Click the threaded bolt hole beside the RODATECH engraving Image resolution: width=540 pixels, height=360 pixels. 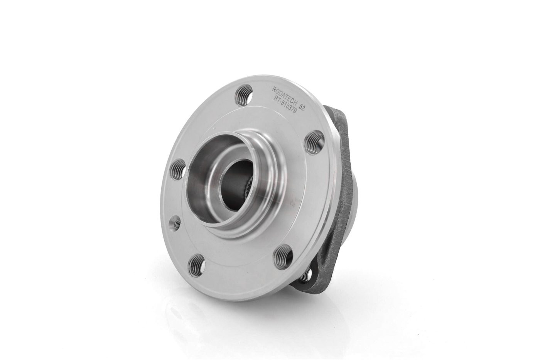pos(244,93)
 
